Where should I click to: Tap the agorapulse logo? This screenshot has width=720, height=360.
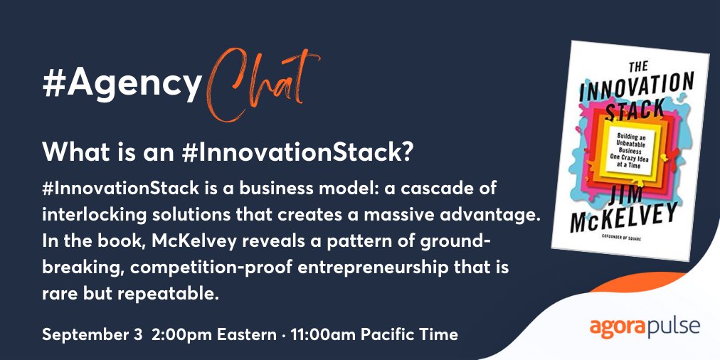coord(645,327)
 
